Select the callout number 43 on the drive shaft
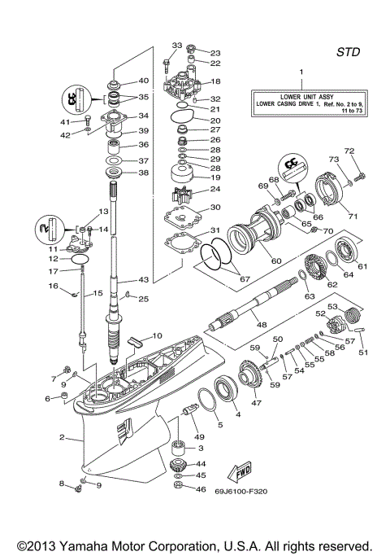[x=143, y=279]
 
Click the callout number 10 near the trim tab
[x=157, y=335]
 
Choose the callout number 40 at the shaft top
[x=143, y=81]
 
